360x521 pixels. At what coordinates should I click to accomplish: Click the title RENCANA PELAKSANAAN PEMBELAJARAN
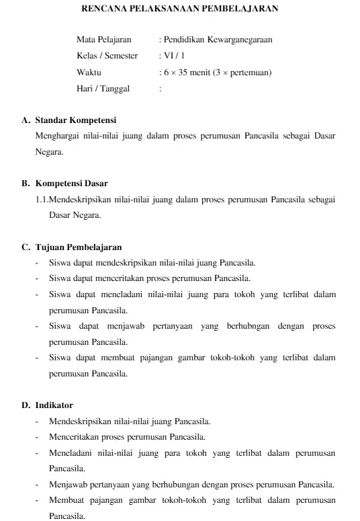(179, 10)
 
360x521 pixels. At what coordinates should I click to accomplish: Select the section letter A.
(26, 121)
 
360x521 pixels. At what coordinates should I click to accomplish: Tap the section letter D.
(26, 405)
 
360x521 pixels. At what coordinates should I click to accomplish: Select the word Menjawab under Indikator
(66, 485)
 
